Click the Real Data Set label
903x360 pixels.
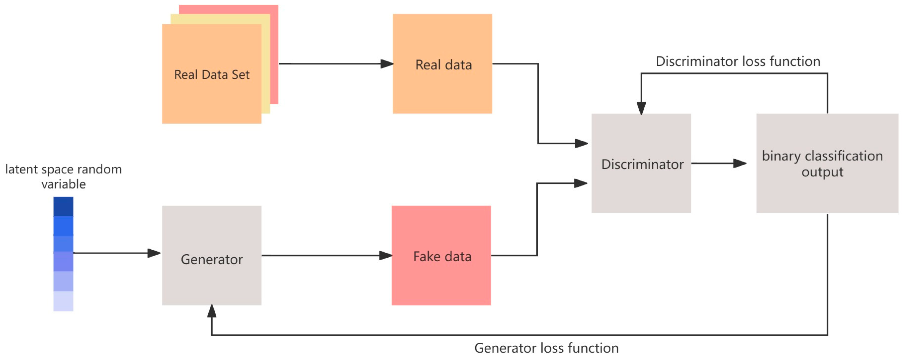[212, 75]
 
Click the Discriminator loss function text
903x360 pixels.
[738, 61]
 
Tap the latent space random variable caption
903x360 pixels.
[64, 177]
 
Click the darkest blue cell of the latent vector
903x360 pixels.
[63, 206]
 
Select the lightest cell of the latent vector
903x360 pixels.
[63, 301]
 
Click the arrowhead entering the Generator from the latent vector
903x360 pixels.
[154, 253]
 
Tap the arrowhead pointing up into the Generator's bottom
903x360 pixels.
[212, 311]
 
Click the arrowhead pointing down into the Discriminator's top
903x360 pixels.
[641, 108]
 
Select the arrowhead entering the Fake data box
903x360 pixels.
[385, 255]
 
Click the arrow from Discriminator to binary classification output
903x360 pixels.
[719, 163]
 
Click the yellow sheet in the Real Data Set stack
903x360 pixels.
[265, 70]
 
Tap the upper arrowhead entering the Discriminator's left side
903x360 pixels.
[581, 143]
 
